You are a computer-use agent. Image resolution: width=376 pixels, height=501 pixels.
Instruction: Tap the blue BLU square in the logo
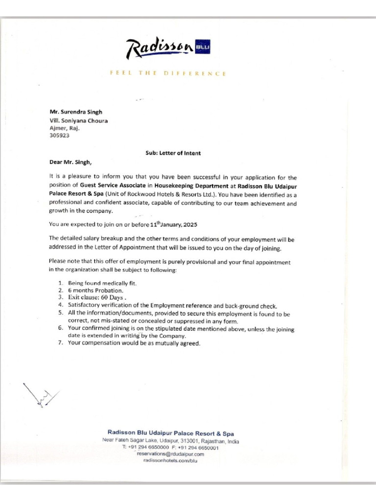(202, 47)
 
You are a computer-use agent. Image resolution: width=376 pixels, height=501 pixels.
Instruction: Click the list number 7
(60, 343)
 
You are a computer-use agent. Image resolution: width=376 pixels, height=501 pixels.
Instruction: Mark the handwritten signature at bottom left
(41, 394)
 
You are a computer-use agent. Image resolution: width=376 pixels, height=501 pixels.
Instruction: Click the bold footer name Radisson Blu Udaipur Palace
(170, 433)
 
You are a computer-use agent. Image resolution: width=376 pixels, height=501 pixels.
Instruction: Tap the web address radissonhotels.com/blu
(170, 460)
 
